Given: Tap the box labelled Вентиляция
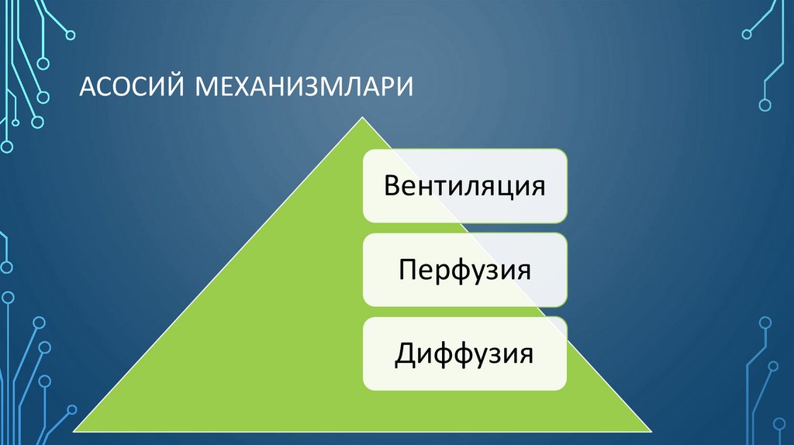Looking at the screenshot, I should pos(464,187).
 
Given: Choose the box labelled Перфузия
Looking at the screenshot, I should pos(464,271).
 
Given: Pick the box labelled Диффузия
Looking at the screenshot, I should pos(464,354).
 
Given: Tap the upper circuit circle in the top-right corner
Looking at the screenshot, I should pos(748,33).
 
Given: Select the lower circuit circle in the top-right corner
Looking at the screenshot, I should pos(765,104).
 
